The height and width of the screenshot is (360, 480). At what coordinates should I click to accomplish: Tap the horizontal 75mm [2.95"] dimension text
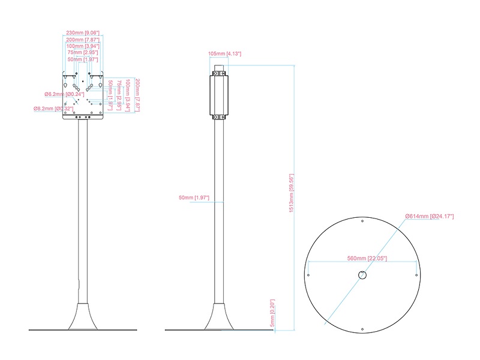click(x=83, y=53)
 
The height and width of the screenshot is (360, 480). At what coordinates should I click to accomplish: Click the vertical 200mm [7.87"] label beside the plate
click(x=137, y=95)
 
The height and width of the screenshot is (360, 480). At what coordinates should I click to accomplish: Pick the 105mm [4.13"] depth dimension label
click(x=224, y=53)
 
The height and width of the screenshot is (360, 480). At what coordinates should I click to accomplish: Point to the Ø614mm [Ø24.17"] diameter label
click(x=429, y=215)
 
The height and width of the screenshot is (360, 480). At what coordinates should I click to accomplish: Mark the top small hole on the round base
click(x=362, y=221)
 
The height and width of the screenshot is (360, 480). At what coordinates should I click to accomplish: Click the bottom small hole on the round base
click(x=362, y=329)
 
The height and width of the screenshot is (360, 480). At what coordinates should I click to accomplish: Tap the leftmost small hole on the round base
click(x=308, y=275)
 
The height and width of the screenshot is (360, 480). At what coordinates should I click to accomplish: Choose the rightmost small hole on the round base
click(x=416, y=275)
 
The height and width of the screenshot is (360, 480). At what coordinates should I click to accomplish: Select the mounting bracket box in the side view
click(x=219, y=95)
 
